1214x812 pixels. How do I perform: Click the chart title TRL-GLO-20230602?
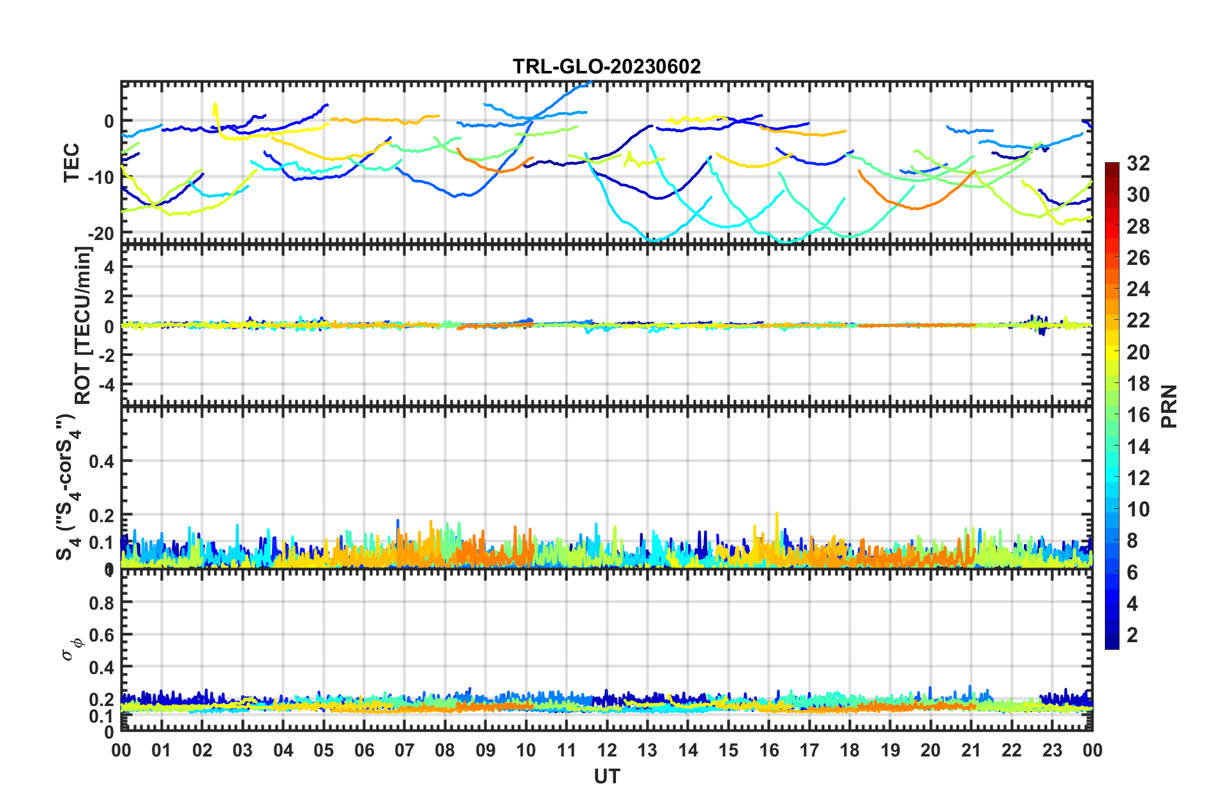click(606, 66)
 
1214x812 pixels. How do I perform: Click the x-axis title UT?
click(606, 776)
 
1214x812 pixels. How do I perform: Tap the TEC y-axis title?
click(71, 163)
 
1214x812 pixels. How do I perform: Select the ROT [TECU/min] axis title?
click(83, 326)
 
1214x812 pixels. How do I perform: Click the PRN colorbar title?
click(1169, 407)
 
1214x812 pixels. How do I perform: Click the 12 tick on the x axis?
click(607, 750)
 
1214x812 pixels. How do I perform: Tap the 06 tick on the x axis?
click(364, 750)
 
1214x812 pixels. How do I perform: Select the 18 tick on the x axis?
click(850, 750)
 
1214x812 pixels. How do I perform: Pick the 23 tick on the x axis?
click(1052, 750)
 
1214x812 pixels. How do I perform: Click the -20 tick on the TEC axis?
click(101, 234)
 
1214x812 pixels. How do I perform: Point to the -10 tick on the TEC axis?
click(101, 177)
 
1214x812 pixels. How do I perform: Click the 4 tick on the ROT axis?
click(109, 267)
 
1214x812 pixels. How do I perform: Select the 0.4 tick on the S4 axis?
click(101, 461)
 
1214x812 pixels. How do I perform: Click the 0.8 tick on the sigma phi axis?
click(101, 603)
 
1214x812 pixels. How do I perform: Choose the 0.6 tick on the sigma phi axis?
click(101, 635)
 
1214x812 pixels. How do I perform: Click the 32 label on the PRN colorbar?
click(1138, 163)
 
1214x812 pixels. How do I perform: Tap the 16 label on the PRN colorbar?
click(1138, 415)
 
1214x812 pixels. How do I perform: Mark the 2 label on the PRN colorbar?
click(1133, 635)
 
